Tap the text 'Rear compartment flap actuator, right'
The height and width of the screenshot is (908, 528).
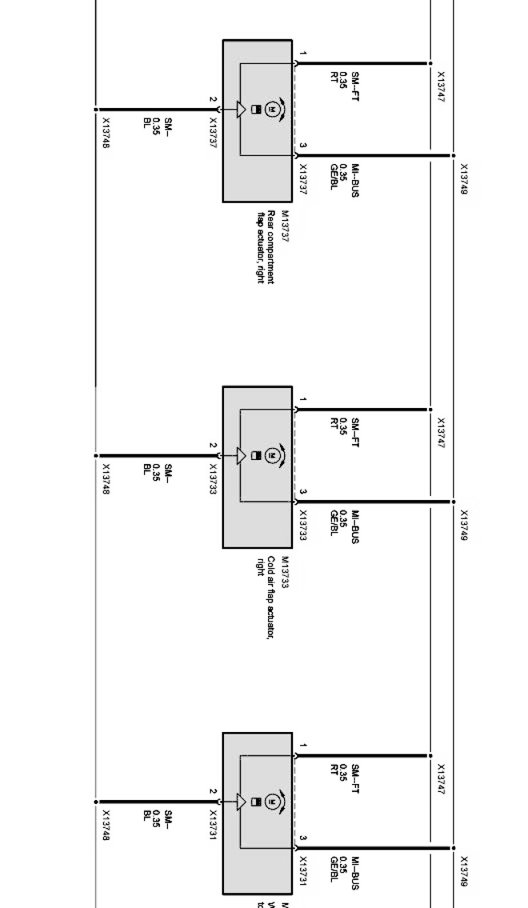(x=266, y=247)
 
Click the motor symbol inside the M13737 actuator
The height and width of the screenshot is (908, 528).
(x=273, y=109)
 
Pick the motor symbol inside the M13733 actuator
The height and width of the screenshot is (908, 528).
(x=273, y=455)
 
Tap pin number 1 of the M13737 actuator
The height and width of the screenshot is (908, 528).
(x=303, y=54)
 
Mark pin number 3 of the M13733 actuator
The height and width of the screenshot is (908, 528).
(x=303, y=492)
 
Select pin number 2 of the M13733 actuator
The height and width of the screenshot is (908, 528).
(x=213, y=446)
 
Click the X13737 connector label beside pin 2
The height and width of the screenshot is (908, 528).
(x=213, y=133)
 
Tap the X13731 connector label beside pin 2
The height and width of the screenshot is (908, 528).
(x=213, y=825)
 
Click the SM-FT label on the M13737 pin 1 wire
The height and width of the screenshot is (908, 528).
(x=355, y=87)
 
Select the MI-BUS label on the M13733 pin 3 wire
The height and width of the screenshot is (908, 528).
(x=355, y=527)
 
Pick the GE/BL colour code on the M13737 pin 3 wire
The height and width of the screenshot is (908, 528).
(x=334, y=177)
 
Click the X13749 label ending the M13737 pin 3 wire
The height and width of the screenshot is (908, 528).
(x=463, y=179)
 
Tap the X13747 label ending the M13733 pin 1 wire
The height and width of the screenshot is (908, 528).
(x=441, y=433)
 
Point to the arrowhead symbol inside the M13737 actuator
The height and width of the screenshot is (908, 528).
(x=241, y=109)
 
